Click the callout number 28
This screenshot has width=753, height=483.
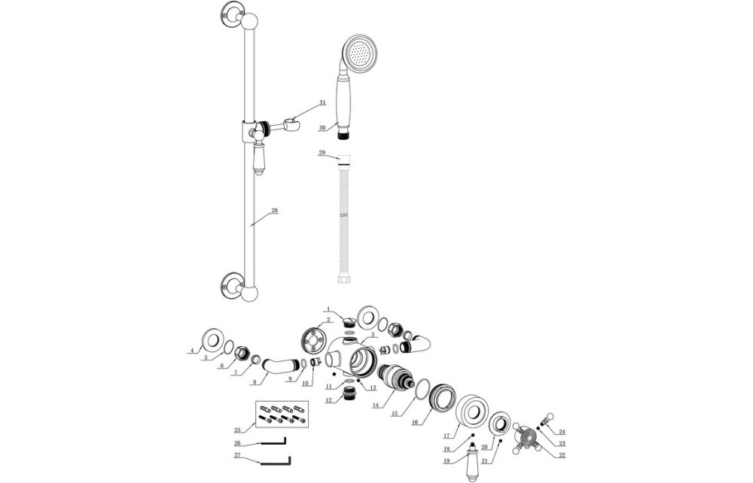click(x=274, y=211)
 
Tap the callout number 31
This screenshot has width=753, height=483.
click(x=322, y=102)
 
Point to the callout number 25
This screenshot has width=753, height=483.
click(x=239, y=430)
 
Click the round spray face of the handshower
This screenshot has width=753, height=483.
click(x=360, y=54)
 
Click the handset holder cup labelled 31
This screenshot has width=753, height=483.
click(x=294, y=120)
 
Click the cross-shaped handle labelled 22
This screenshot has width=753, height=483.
click(x=525, y=437)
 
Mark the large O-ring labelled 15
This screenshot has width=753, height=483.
click(x=422, y=390)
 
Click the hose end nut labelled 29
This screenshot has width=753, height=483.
click(x=345, y=159)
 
